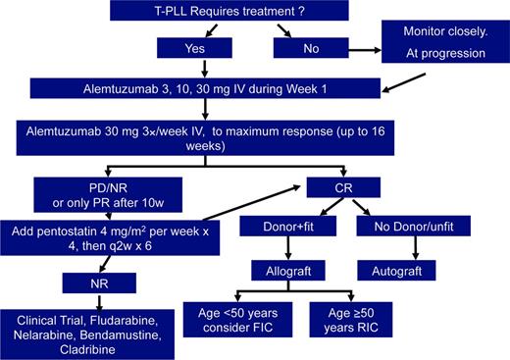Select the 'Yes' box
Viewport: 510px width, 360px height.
pos(201,47)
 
